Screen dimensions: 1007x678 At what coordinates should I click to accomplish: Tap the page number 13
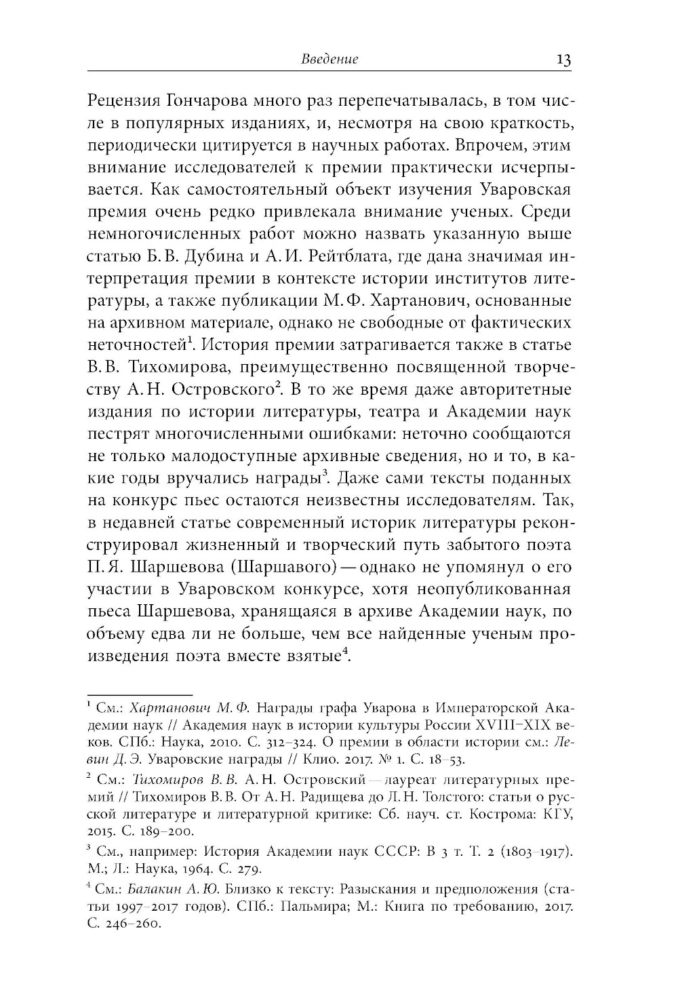tap(563, 59)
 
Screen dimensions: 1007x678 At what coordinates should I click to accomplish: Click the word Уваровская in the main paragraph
tap(525, 189)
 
